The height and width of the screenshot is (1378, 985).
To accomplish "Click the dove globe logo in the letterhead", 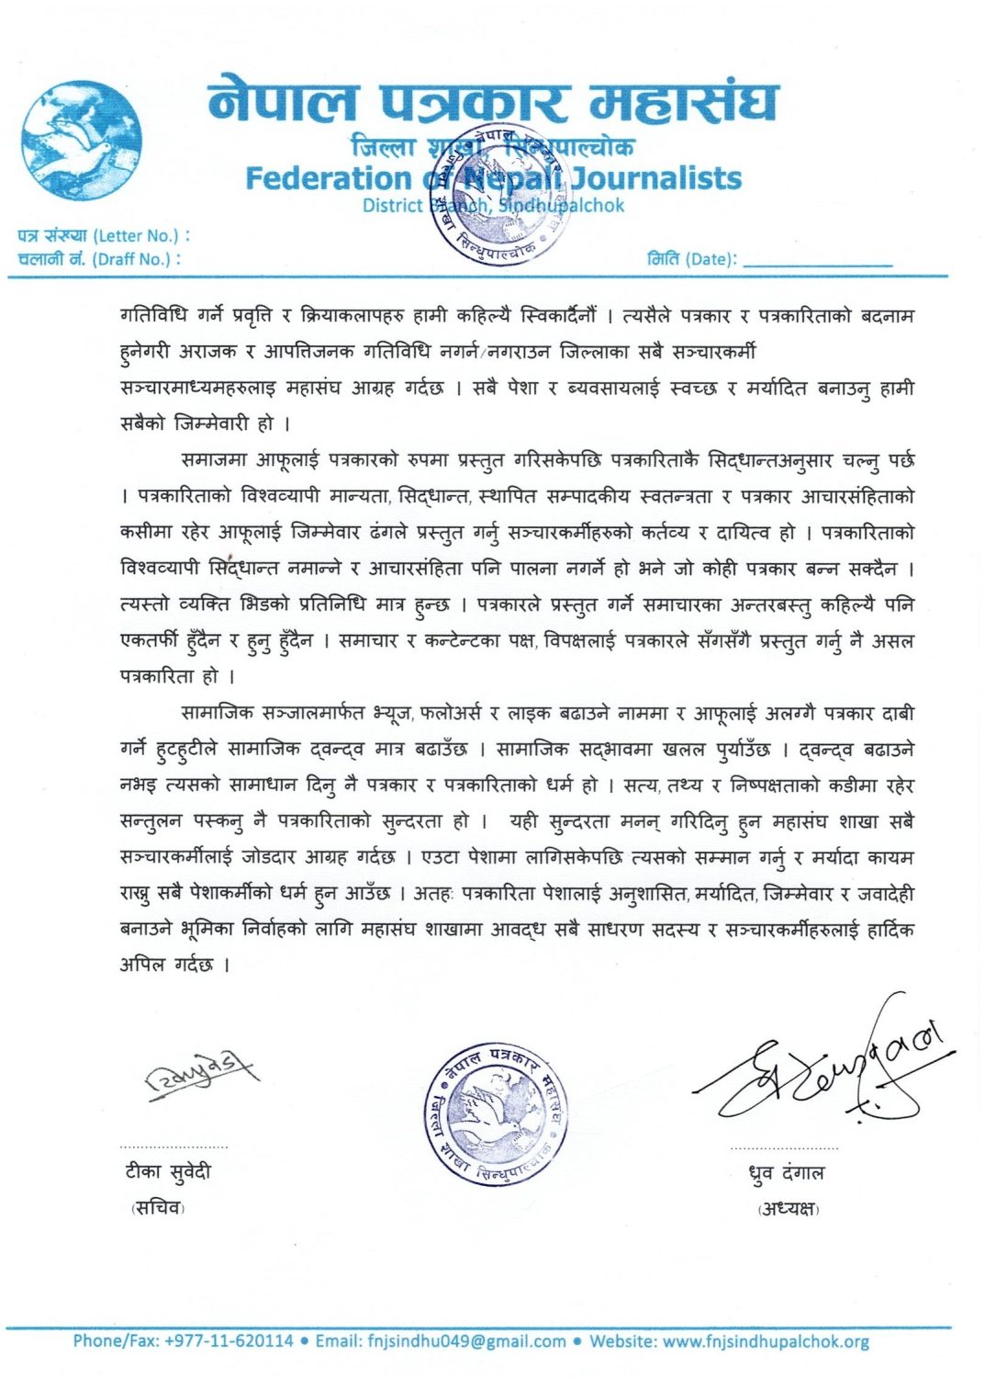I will pos(82,141).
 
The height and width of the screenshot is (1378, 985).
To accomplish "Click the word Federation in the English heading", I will pos(328,178).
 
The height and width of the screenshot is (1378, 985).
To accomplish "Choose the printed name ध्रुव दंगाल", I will pos(786,1173).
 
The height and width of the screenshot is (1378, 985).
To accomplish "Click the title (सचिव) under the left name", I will pos(158,1208).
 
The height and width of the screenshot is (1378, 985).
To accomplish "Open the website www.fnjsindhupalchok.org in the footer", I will pos(766,1341).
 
